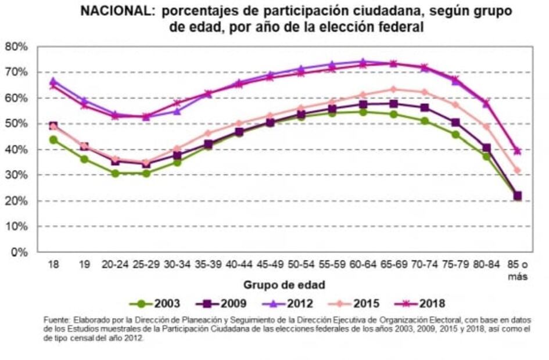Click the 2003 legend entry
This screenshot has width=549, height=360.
pos(155,303)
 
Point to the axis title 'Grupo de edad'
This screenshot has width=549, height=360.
pos(285,285)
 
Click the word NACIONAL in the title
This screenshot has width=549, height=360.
pos(119,12)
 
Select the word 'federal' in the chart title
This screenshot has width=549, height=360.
pos(404,27)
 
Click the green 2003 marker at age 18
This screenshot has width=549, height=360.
pos(53,140)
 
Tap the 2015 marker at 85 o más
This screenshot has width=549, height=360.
pos(517,170)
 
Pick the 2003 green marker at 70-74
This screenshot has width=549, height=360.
pos(425,121)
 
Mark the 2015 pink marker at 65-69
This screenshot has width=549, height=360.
pos(393,89)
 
